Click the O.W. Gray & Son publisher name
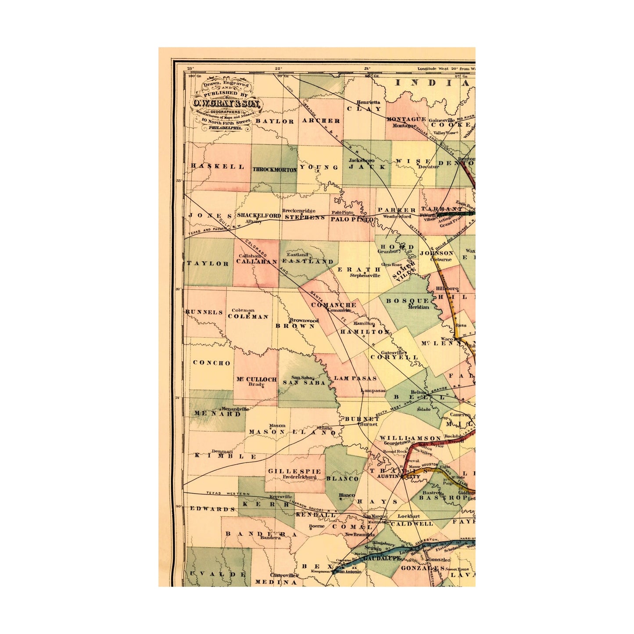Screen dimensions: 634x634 tap(226, 104)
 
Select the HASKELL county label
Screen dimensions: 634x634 tap(218, 166)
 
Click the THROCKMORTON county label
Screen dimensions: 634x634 tap(274, 169)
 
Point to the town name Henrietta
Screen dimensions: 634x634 tap(368, 102)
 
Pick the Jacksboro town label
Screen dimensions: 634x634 tap(362, 161)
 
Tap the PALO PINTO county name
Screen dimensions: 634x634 tap(352, 219)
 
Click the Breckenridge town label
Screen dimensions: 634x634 tap(298, 211)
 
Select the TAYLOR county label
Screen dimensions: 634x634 tap(208, 263)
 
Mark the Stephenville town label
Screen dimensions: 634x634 tap(365, 276)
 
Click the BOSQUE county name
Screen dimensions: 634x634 tap(407, 301)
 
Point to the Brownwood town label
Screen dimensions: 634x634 tap(304, 320)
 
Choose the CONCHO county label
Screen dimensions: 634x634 tap(211, 363)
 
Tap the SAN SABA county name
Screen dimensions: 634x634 tap(304, 383)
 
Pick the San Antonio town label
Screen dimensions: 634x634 tap(348, 572)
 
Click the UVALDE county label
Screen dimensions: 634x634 tap(216, 574)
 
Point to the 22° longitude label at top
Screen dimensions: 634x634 tap(278, 68)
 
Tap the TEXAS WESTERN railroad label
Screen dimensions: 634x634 tap(228, 494)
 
